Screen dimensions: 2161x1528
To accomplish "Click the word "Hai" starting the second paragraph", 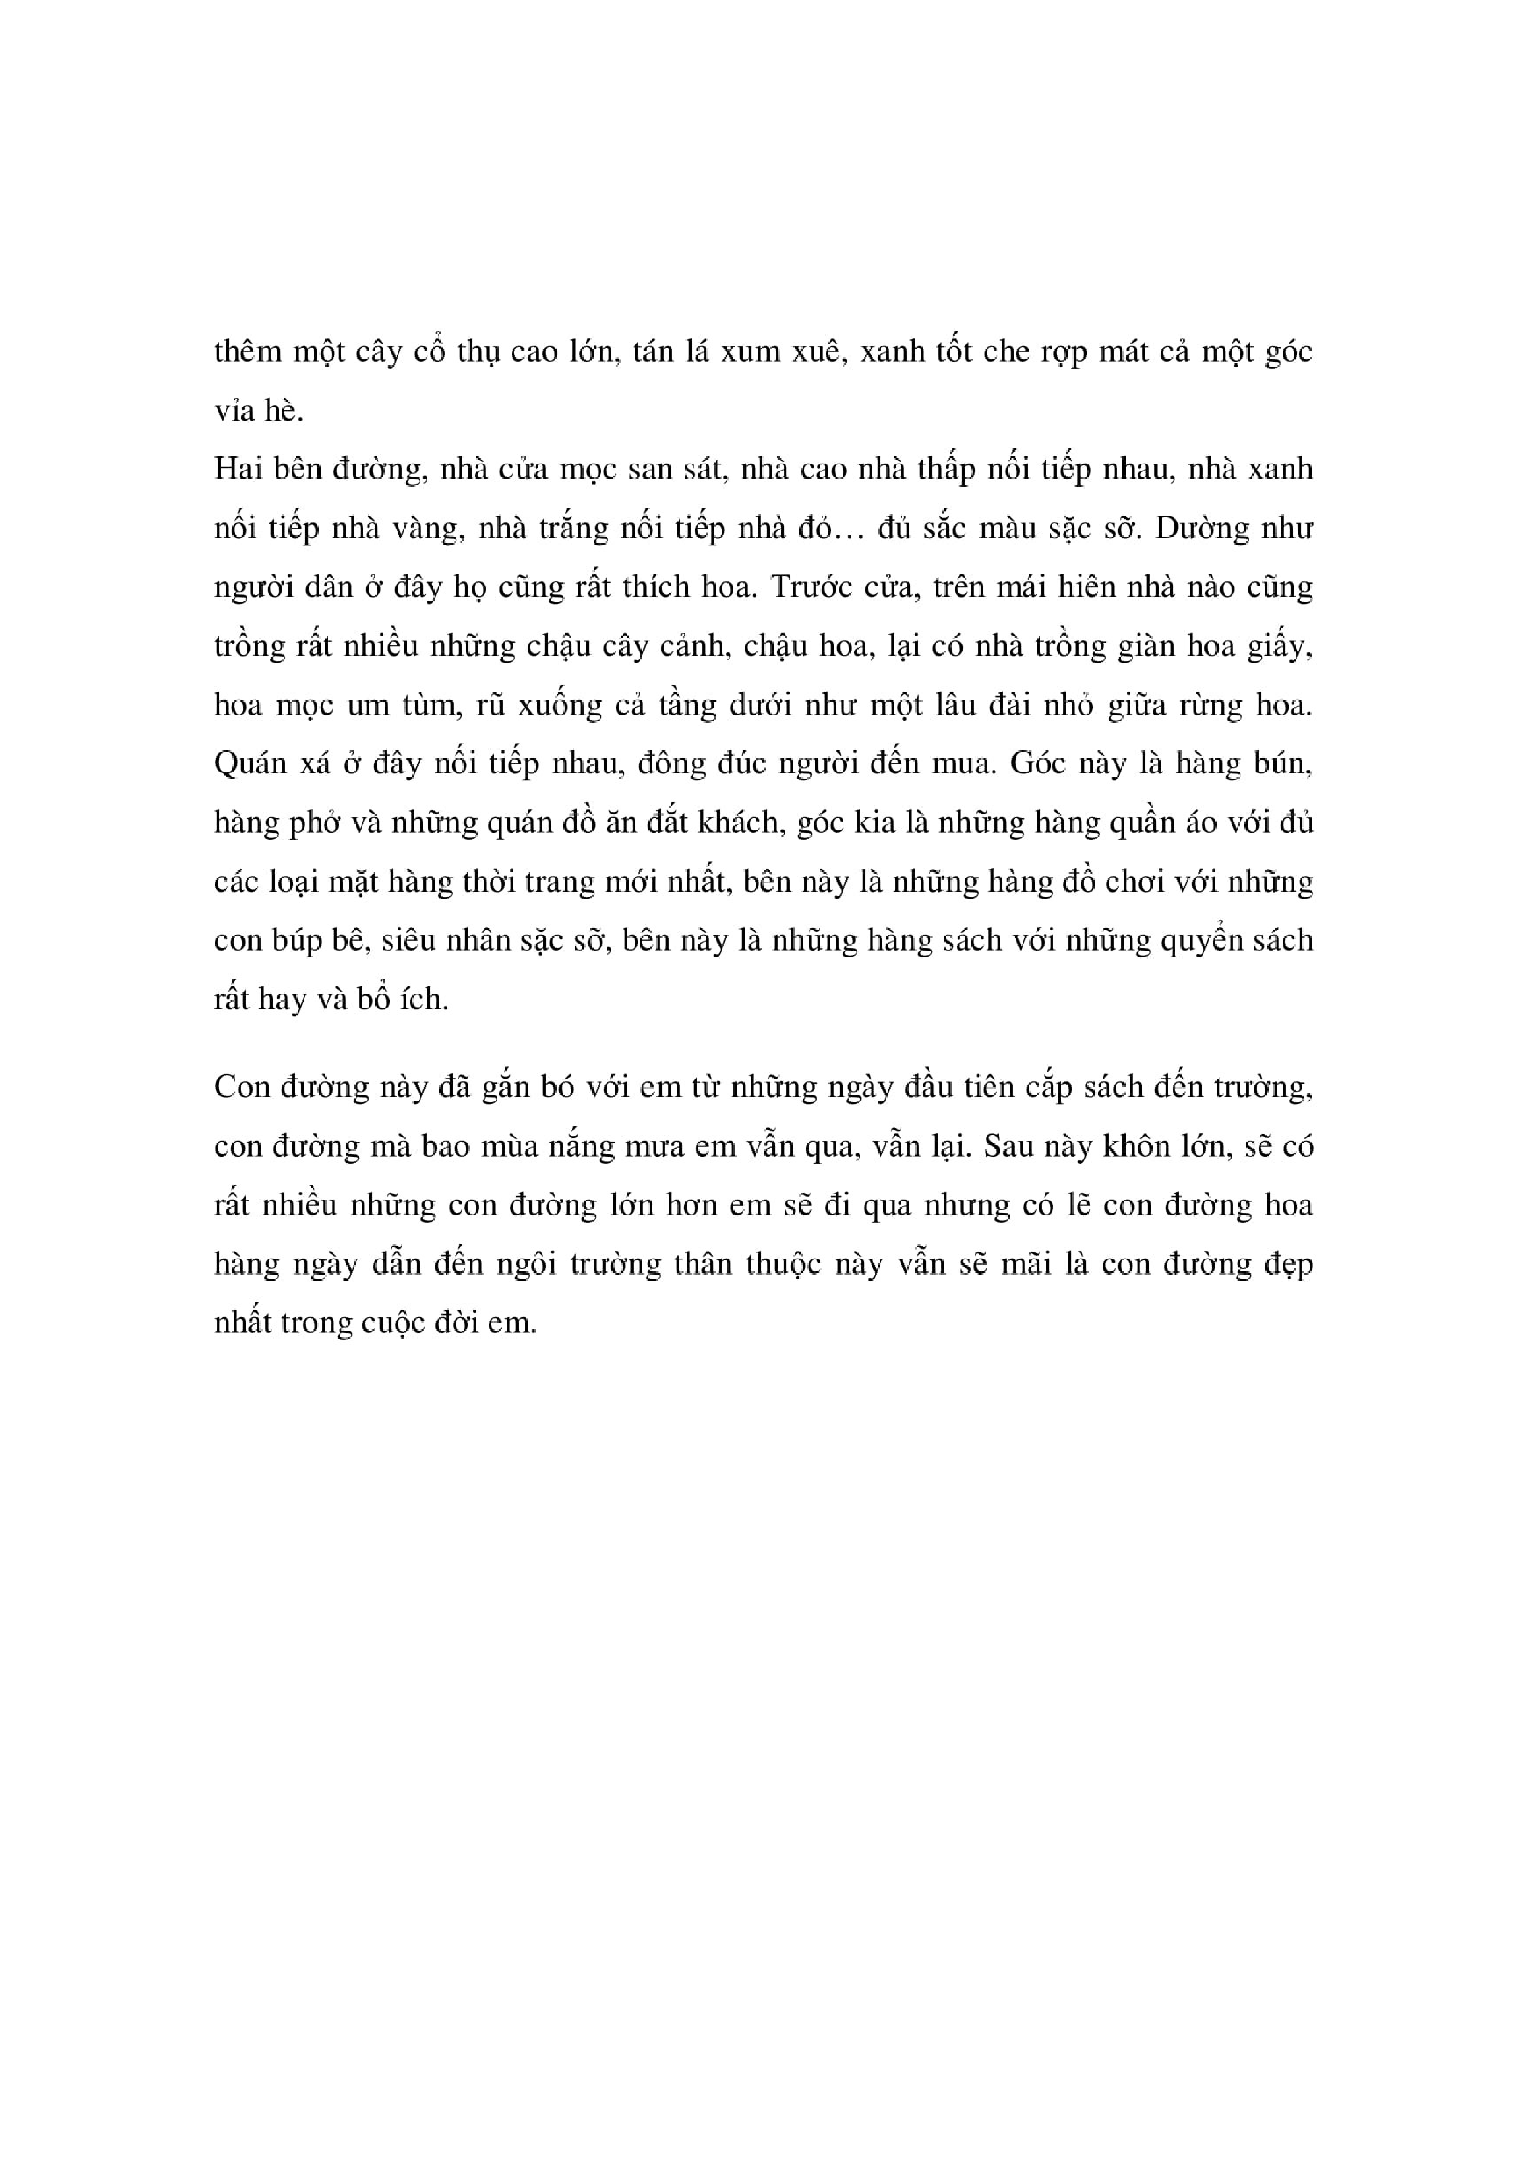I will (x=237, y=469).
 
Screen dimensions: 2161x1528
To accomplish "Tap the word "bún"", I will (x=1283, y=763).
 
